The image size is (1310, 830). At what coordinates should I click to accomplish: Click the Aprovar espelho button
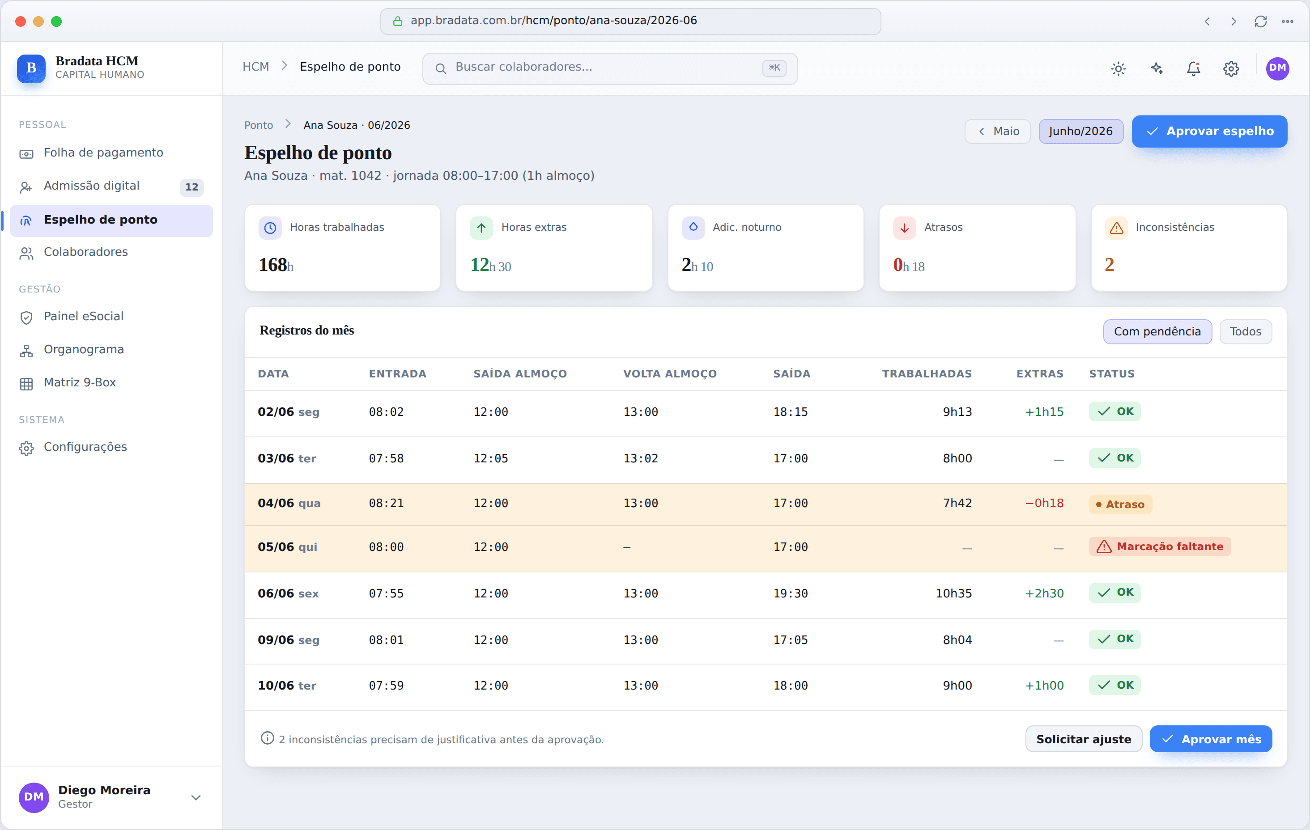[1209, 131]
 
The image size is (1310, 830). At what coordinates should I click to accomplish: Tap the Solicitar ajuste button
[1083, 739]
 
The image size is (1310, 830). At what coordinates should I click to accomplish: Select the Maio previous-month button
[997, 131]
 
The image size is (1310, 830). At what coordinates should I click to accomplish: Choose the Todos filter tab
[1245, 331]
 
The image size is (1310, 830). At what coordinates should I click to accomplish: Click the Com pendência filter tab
[1157, 331]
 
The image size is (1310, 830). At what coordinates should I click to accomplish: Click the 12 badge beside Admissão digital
[191, 187]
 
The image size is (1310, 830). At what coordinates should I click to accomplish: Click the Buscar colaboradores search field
[610, 68]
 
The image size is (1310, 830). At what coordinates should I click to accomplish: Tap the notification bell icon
[1194, 68]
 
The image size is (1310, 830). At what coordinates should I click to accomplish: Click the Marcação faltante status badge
[1160, 546]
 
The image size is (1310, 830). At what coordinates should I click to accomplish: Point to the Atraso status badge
[1120, 504]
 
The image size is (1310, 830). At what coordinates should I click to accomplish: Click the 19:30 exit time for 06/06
[791, 593]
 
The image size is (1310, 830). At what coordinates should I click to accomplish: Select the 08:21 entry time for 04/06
[386, 503]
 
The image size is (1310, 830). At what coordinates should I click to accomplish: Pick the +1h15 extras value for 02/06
[1044, 412]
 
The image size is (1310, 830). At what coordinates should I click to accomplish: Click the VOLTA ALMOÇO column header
[670, 374]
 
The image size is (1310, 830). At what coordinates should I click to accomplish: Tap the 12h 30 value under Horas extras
[491, 265]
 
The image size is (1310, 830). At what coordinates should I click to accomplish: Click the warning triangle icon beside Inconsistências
[1116, 228]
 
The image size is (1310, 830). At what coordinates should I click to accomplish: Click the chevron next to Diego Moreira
[196, 797]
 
